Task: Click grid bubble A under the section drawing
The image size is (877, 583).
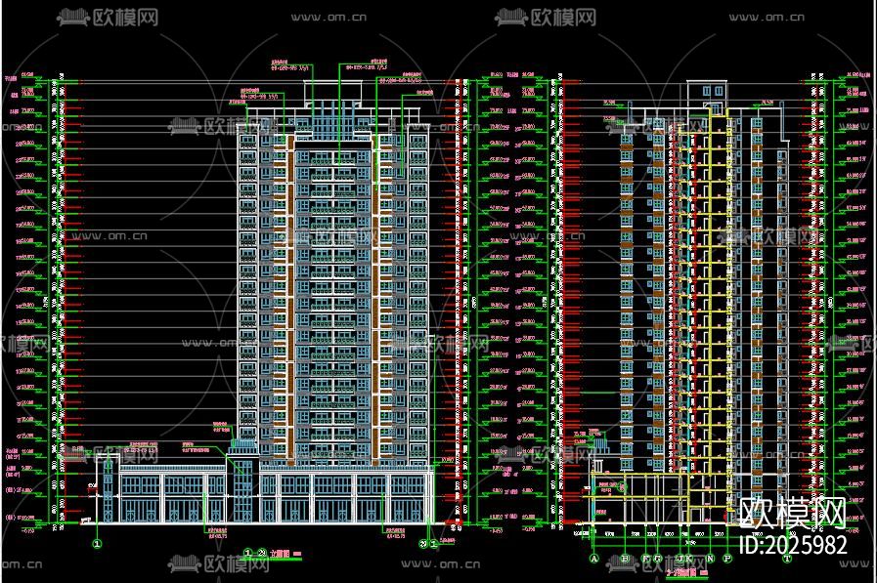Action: coord(593,560)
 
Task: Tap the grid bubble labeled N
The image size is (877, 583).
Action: coord(710,560)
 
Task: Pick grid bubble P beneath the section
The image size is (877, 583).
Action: coord(727,560)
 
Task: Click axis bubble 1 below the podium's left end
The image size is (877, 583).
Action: coord(98,544)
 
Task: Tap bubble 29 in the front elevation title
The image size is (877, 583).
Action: coord(262,553)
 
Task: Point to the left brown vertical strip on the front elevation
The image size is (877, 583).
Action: coord(290,293)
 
